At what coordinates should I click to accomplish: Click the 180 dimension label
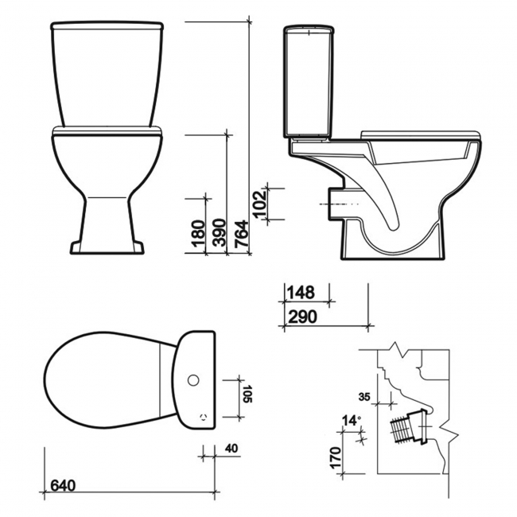(x=199, y=235)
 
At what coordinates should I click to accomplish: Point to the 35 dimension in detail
(x=365, y=395)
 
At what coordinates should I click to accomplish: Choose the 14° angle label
(x=352, y=419)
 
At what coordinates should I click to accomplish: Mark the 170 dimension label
(x=335, y=457)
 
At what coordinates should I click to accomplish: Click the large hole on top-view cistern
(x=192, y=380)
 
